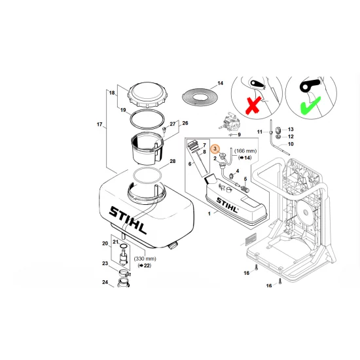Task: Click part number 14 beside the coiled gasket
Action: [x=220, y=83]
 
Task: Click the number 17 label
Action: [x=100, y=124]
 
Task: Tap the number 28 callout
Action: [x=173, y=162]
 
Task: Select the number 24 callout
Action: [x=105, y=283]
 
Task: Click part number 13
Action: [x=291, y=129]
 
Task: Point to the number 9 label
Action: [x=240, y=135]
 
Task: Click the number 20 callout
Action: [x=105, y=244]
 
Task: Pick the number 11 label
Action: [x=259, y=132]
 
